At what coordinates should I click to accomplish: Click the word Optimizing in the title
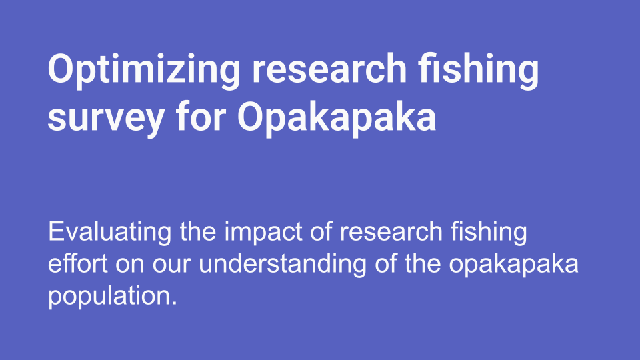coord(144,70)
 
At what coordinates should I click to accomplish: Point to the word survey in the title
coord(106,119)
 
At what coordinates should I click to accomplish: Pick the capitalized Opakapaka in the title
coord(337,119)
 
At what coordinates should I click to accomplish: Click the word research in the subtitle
coord(391,232)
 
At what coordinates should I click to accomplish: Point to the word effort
coord(78,264)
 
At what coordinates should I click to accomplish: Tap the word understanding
coord(283,265)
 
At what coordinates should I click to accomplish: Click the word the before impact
coord(198,232)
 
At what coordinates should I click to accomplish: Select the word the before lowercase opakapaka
coord(423,264)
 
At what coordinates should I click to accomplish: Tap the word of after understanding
coord(386,264)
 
